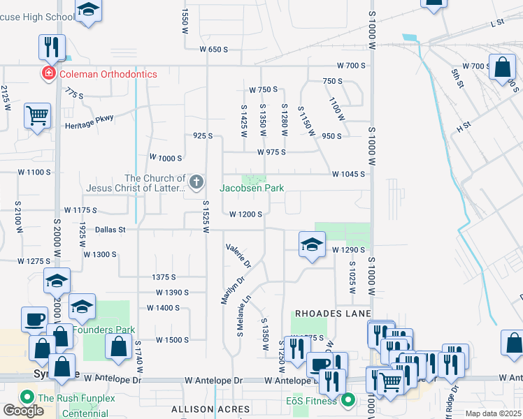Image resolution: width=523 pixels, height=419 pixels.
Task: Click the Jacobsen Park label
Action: point(252,188)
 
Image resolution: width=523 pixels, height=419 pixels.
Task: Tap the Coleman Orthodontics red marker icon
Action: point(49,74)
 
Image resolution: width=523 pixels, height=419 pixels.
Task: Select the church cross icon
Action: point(196,183)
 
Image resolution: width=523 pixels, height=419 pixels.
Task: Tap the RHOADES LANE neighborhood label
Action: point(332,314)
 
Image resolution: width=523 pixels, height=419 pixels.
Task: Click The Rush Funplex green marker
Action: point(28,398)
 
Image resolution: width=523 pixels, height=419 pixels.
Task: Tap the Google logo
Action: point(23,411)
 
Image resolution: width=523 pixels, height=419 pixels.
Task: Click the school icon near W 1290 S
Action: point(312,244)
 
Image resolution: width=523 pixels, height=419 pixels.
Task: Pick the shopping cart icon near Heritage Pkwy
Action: point(37,115)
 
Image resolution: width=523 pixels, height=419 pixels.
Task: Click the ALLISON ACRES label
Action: point(212,409)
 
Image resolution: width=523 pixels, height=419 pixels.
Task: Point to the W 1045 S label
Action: point(349,174)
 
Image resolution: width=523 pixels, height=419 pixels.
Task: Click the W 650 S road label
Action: point(214,50)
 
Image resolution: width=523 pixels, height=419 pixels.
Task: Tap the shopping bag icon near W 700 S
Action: point(503,68)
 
